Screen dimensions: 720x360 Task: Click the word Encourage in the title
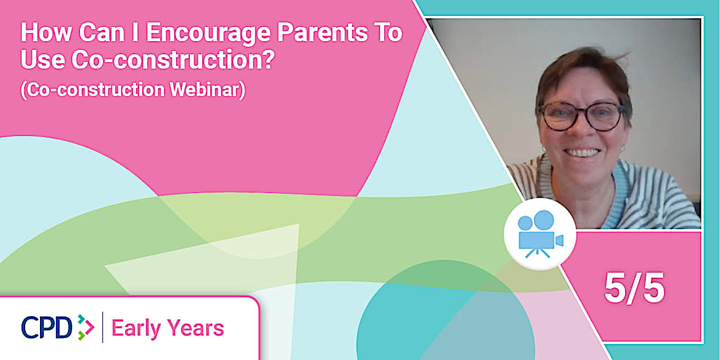[208, 33]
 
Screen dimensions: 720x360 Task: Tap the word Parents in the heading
[322, 32]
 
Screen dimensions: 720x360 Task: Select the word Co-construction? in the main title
[173, 59]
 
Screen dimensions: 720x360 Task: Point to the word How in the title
[46, 32]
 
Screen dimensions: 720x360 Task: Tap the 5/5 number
[634, 288]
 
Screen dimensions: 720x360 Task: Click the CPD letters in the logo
[47, 327]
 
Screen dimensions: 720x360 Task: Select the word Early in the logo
[136, 329]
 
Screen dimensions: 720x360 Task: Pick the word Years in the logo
[195, 328]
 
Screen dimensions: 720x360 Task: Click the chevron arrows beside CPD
[86, 327]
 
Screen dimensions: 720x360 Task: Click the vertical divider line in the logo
[103, 327]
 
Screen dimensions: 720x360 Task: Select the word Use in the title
[43, 59]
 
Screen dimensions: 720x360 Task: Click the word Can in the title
[102, 32]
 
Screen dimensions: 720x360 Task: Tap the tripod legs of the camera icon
[537, 253]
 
